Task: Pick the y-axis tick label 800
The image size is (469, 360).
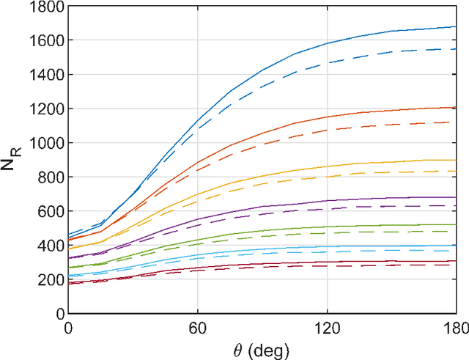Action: [x=51, y=177]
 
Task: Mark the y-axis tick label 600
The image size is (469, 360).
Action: [x=51, y=211]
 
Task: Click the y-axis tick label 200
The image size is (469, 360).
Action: [x=51, y=279]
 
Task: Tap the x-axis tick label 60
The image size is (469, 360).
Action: [x=197, y=327]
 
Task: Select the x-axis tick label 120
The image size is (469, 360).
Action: [x=327, y=327]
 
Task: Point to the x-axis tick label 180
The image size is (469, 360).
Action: [x=455, y=327]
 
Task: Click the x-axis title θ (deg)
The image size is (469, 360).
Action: [x=262, y=348]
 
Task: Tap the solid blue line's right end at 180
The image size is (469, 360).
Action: [x=456, y=27]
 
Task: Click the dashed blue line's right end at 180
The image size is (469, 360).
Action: [x=456, y=49]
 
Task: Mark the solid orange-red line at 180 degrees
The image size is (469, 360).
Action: [x=456, y=108]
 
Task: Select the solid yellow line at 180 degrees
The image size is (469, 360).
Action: [x=456, y=160]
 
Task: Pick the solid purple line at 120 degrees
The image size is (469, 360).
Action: [x=327, y=201]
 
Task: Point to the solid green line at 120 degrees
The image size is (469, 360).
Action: [x=327, y=227]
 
